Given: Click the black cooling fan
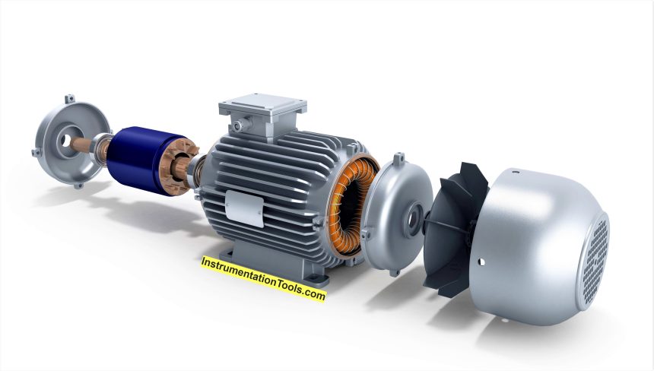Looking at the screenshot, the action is [455, 230].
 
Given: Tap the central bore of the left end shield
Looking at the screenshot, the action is [66, 141].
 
